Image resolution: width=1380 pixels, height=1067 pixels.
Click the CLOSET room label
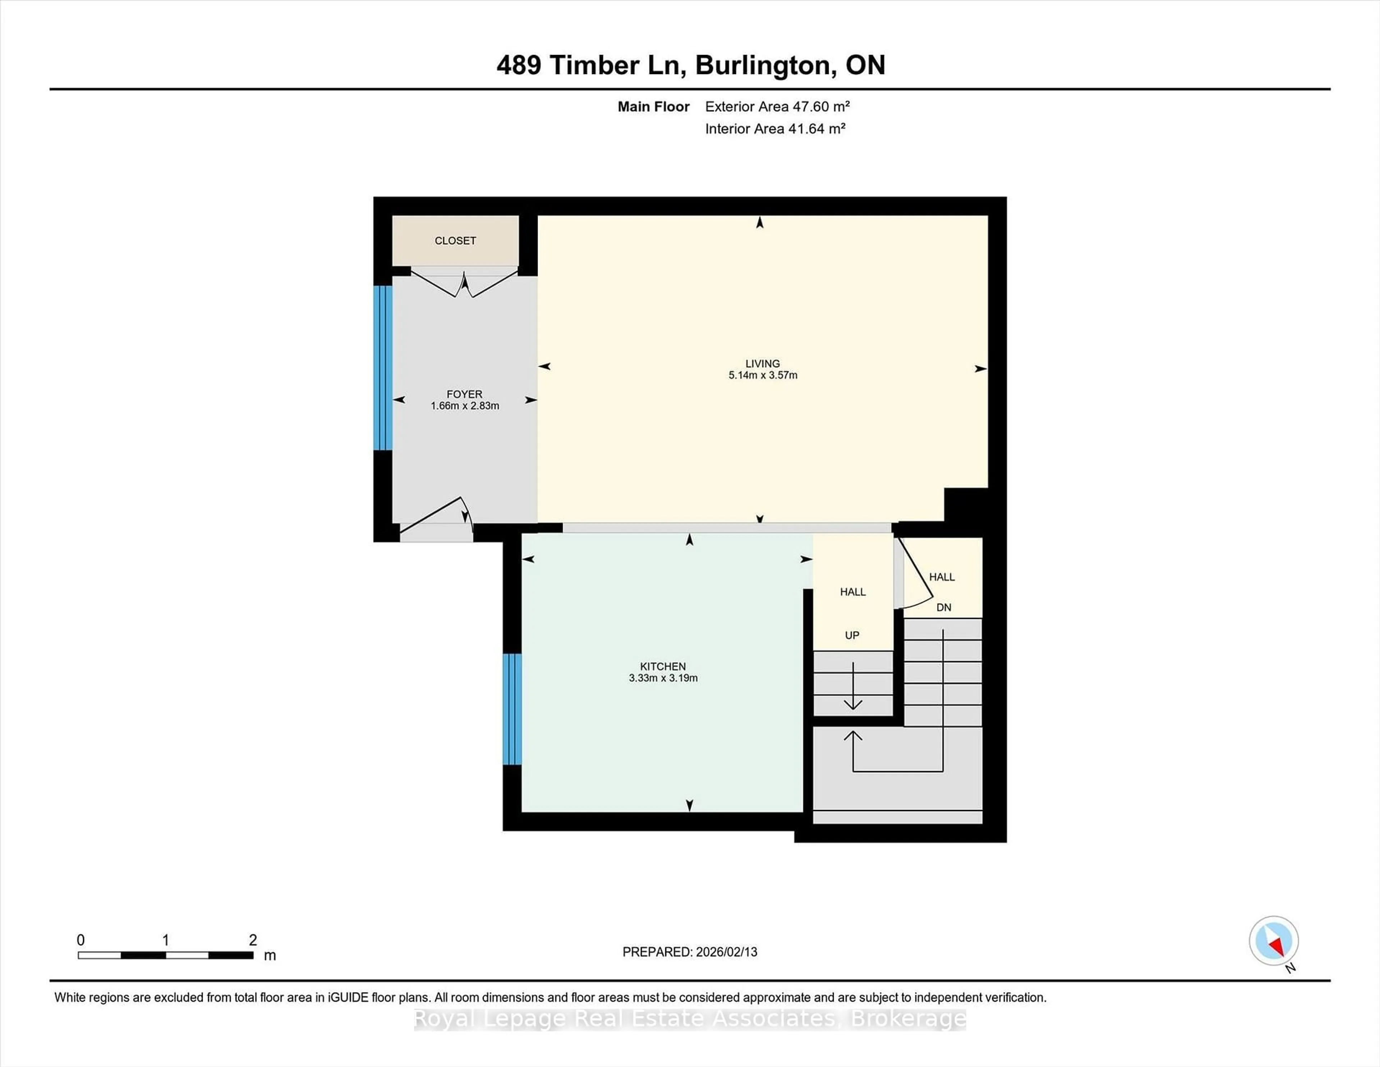(455, 241)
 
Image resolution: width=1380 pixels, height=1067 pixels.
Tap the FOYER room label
(464, 394)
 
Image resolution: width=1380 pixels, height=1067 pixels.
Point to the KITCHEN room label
(662, 666)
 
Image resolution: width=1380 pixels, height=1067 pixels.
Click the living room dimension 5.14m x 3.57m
(763, 375)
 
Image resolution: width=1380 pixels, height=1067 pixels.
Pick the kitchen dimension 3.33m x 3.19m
(663, 678)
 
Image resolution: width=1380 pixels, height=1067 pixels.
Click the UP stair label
(852, 635)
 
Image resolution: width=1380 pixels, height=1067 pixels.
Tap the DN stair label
(943, 608)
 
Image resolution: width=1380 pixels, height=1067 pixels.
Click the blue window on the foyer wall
(383, 368)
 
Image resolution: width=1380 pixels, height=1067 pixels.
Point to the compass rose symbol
(1273, 940)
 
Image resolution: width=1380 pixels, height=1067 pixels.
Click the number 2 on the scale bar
(253, 940)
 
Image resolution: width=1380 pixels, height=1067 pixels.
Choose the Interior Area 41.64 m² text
(775, 129)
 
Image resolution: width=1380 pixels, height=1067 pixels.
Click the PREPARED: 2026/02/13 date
(689, 952)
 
